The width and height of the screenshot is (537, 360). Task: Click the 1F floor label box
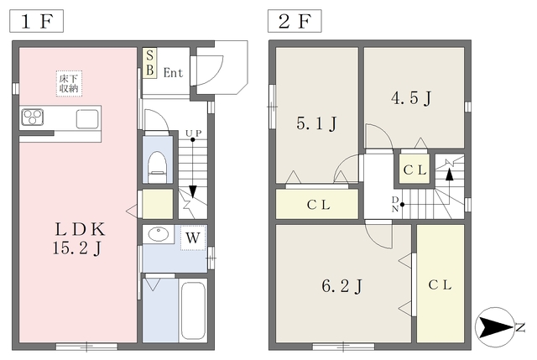(36, 21)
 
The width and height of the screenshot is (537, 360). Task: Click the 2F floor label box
(295, 21)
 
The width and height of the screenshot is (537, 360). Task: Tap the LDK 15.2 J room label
(80, 238)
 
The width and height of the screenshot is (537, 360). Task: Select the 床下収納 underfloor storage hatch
(69, 84)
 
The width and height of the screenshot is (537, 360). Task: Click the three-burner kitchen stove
(33, 117)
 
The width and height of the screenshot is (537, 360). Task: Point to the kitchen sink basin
(87, 119)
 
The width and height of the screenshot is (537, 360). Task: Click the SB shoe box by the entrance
(149, 63)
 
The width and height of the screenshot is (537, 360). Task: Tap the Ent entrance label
(173, 73)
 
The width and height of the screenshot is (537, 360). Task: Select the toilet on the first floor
(158, 167)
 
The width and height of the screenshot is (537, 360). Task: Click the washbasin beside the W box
(159, 234)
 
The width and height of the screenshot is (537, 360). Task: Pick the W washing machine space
(193, 237)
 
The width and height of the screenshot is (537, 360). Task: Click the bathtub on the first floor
(193, 310)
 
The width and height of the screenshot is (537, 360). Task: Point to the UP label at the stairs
(194, 133)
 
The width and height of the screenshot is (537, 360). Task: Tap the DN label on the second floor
(395, 204)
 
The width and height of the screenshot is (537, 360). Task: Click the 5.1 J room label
(317, 123)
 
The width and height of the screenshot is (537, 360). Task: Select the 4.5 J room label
(411, 99)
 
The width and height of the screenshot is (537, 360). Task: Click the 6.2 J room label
(341, 285)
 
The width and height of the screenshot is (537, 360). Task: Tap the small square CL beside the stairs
(414, 170)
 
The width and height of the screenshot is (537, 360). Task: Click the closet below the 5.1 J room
(317, 204)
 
